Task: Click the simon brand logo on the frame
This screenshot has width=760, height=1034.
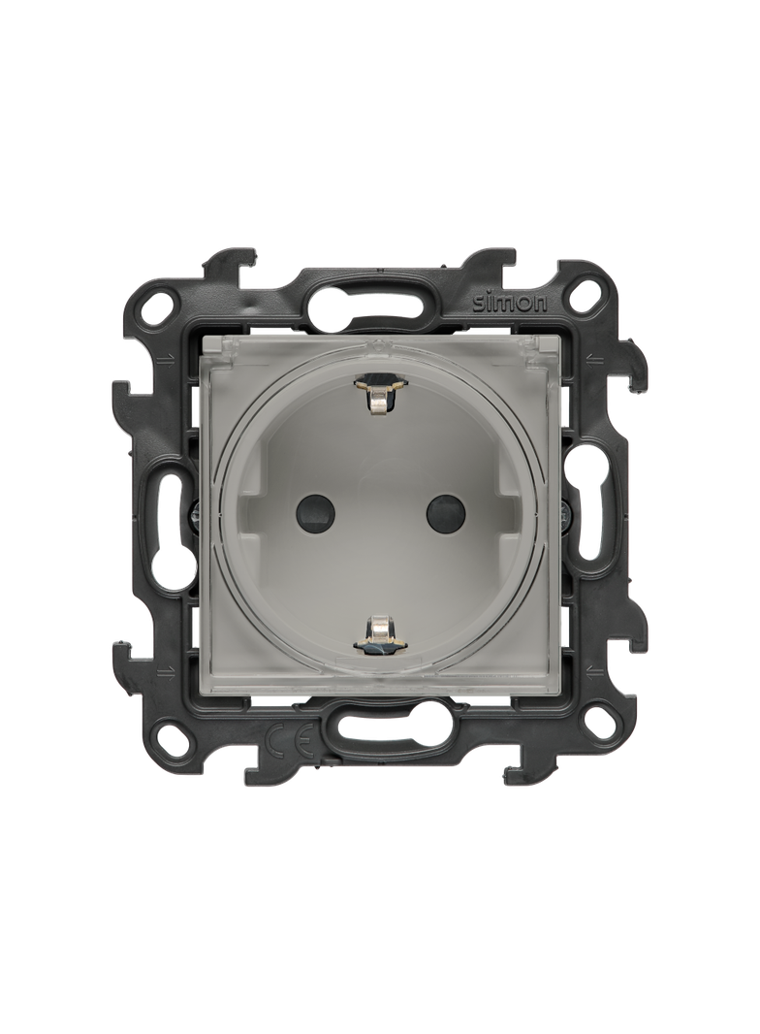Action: pyautogui.click(x=509, y=303)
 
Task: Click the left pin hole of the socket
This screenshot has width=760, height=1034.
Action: pyautogui.click(x=314, y=511)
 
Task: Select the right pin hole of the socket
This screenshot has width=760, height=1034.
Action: pyautogui.click(x=443, y=511)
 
